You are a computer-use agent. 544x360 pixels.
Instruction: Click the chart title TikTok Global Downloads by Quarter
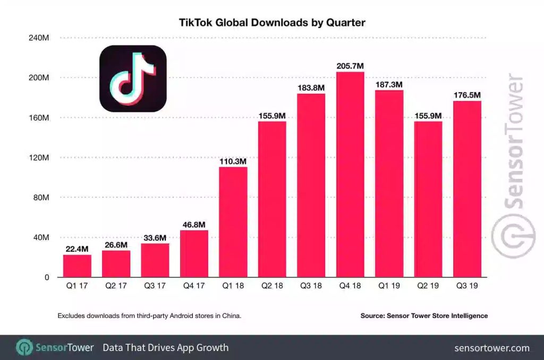coord(271,22)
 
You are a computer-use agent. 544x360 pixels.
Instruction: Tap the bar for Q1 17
coord(77,265)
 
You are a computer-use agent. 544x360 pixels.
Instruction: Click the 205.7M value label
coord(350,66)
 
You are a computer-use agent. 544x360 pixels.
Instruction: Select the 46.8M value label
coord(194,225)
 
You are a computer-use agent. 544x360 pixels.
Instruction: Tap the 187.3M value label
coord(389,84)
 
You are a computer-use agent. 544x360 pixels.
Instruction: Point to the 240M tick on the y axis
coord(38,38)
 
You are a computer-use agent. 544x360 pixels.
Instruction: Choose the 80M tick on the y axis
coord(40,198)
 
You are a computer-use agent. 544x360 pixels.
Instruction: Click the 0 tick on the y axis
coord(46,277)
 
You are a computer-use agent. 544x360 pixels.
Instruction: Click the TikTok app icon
coord(133,79)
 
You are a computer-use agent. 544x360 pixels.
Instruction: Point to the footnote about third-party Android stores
coord(149,316)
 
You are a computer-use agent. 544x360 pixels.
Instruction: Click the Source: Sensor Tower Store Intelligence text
coord(424,316)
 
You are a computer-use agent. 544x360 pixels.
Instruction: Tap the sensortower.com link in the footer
coord(492,348)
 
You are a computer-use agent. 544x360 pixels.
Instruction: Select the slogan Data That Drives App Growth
coord(165,348)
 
